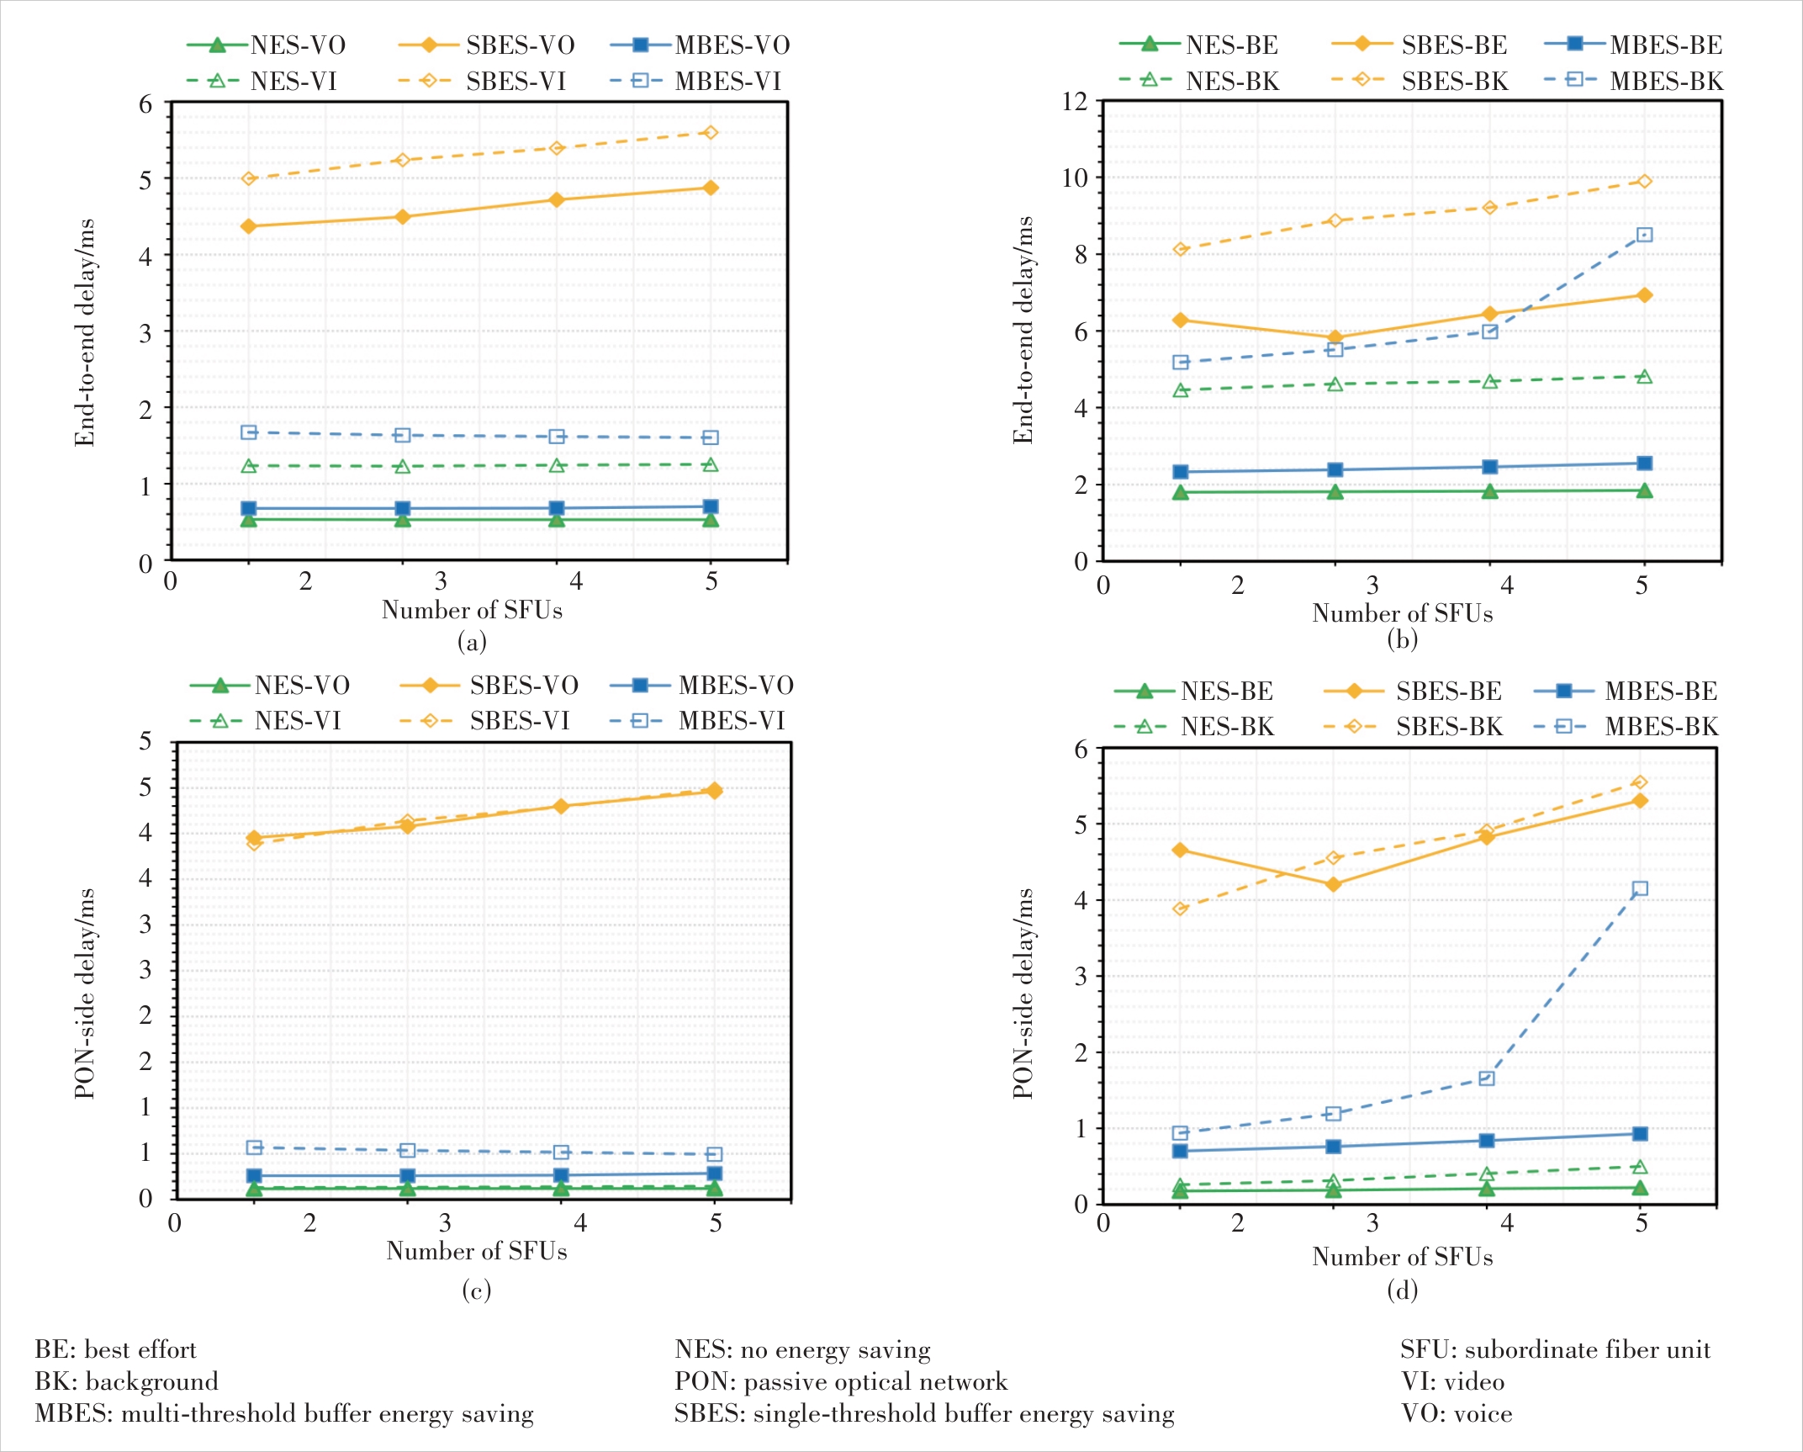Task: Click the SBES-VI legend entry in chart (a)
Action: coord(516,82)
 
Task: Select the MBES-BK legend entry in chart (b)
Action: coord(1665,82)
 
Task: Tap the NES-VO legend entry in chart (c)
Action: coord(302,686)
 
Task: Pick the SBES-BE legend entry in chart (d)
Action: coord(1448,692)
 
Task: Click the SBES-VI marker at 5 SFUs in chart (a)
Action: coord(711,133)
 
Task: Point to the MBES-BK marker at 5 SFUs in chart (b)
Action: coord(1645,235)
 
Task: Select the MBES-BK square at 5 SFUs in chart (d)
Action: coord(1640,889)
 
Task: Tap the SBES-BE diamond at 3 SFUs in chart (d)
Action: coord(1333,884)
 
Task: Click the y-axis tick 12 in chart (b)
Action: coord(1075,102)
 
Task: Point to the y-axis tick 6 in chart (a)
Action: coord(145,104)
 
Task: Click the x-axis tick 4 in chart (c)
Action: coord(580,1223)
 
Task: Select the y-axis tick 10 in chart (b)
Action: coord(1075,178)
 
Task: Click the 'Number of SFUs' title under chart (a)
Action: coord(472,610)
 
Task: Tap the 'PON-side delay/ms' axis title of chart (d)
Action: coord(1023,993)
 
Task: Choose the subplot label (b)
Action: coord(1402,640)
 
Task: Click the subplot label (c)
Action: coord(476,1290)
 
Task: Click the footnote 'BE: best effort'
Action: coord(115,1350)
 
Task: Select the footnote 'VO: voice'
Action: coord(1457,1414)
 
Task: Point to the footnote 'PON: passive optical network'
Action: coord(840,1382)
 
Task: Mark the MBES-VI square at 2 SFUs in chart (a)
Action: coord(249,432)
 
